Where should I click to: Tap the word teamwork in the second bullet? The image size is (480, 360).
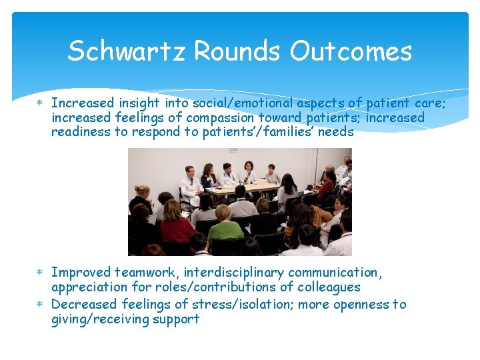pyautogui.click(x=145, y=272)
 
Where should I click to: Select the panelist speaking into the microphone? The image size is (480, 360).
pyautogui.click(x=249, y=173)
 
